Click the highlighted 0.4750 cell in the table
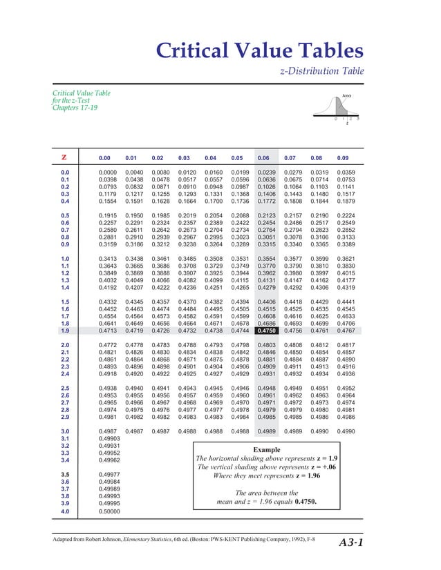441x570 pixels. (267, 331)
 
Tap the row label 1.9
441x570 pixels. (64, 331)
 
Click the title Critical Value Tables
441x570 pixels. (259, 50)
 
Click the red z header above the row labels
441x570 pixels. (64, 157)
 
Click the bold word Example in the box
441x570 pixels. (268, 449)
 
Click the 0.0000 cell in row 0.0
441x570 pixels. (109, 172)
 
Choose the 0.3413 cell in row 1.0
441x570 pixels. (109, 258)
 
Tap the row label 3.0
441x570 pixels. (64, 431)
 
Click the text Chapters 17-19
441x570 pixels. (75, 108)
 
